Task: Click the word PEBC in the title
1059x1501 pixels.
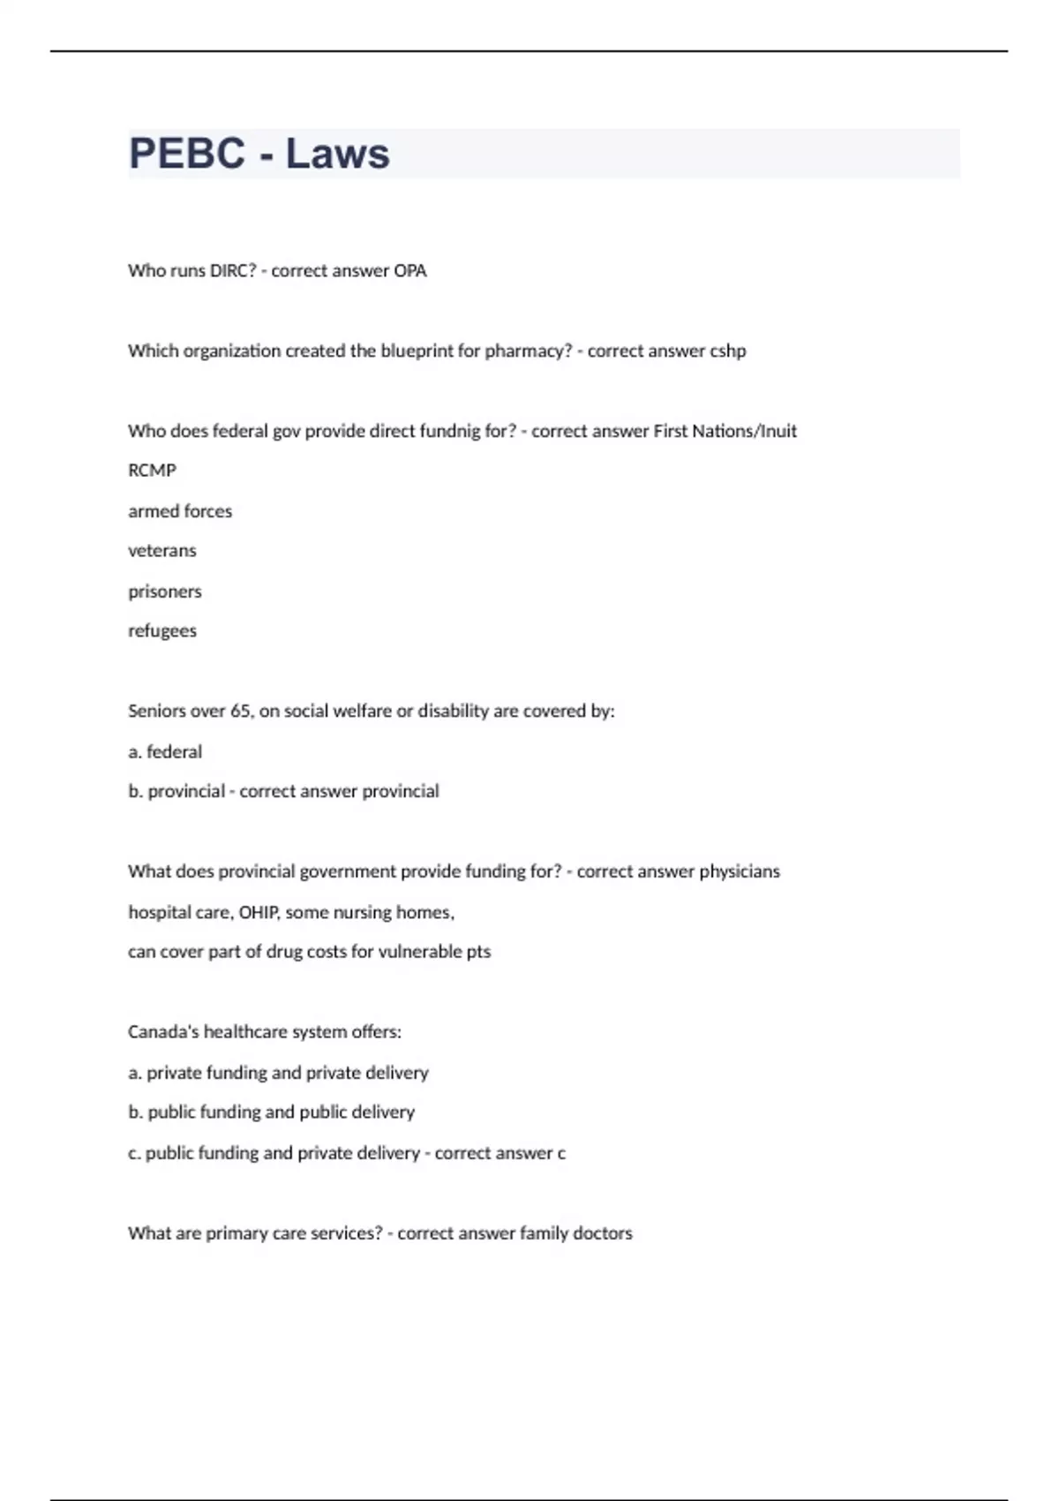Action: pos(186,154)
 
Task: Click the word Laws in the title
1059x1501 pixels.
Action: pos(337,154)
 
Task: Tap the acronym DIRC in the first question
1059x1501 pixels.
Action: pos(232,271)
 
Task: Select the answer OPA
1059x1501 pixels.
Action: pos(409,271)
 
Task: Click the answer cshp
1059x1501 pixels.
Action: pos(728,351)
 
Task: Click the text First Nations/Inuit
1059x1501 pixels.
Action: pos(725,432)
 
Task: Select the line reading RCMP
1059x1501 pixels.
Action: pos(152,471)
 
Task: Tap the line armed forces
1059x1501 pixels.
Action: pos(180,511)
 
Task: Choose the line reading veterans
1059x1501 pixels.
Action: pos(162,551)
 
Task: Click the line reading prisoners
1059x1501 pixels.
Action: pos(165,592)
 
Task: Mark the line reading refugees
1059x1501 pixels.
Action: pos(162,631)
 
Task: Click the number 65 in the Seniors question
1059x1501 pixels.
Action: pos(240,712)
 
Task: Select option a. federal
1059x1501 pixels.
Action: pos(165,752)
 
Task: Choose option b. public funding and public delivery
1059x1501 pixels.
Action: pos(271,1113)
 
